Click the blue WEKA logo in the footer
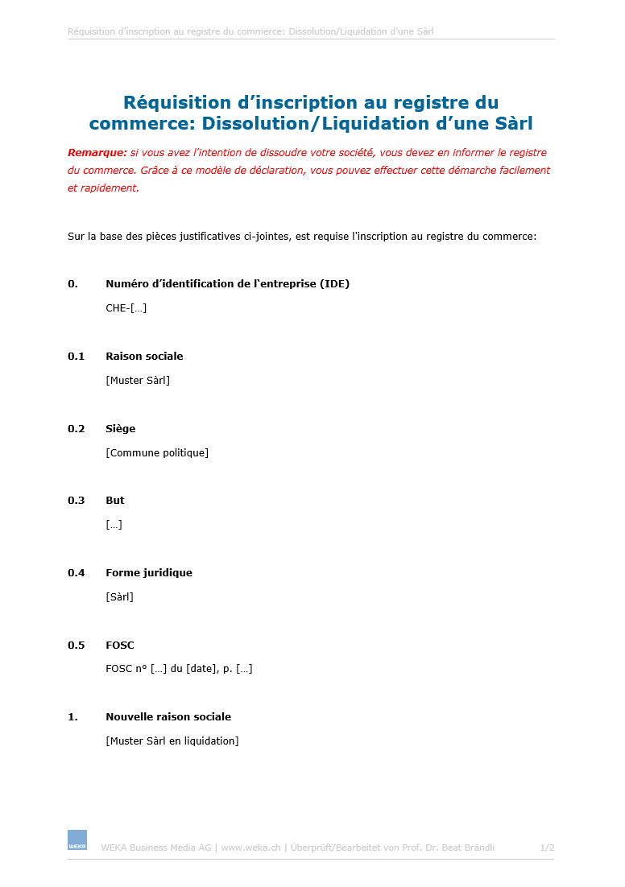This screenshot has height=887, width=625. click(77, 840)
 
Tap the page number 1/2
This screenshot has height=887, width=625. click(547, 848)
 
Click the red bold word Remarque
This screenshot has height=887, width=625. click(97, 152)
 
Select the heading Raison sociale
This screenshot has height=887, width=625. click(144, 356)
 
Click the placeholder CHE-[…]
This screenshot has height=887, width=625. click(126, 307)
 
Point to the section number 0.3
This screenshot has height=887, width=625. click(76, 500)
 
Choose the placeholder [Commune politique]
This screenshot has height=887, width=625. click(157, 452)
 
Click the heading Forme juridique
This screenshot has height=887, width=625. click(149, 572)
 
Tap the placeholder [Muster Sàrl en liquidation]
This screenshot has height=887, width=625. click(172, 741)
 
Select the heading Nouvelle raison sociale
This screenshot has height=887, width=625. click(168, 716)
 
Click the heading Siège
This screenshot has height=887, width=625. click(121, 428)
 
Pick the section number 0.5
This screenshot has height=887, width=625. click(76, 645)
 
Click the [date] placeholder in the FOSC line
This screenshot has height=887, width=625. click(201, 668)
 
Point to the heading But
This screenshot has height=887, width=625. click(115, 500)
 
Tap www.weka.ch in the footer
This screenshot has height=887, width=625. click(250, 848)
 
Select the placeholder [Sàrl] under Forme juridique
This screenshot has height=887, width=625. click(119, 596)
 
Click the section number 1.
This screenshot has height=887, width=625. click(72, 716)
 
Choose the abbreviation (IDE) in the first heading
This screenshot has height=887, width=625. click(334, 283)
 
